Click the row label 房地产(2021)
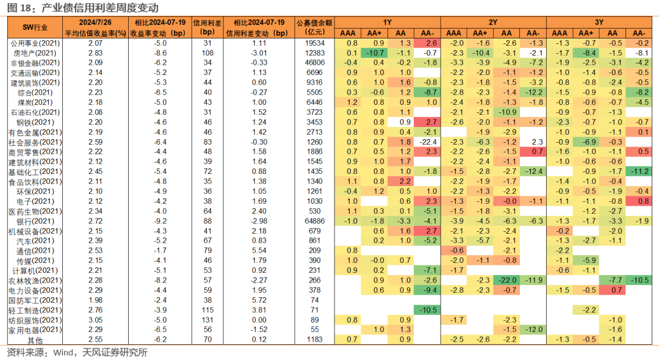point(35,53)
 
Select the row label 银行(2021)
point(35,221)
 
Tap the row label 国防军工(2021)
point(35,300)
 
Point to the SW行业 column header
point(35,27)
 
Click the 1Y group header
point(387,22)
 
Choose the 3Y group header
point(599,22)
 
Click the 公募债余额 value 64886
point(314,221)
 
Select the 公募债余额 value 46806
point(314,63)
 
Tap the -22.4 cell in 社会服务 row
point(427,142)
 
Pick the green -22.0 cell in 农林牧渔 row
point(506,280)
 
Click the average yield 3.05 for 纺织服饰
point(95,320)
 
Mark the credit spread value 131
point(207,320)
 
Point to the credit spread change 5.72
point(259,300)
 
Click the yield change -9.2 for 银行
point(160,221)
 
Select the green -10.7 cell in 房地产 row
point(374,53)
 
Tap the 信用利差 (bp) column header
point(207,27)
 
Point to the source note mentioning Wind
point(77,353)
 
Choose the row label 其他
point(35,340)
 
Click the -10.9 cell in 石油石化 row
point(506,112)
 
